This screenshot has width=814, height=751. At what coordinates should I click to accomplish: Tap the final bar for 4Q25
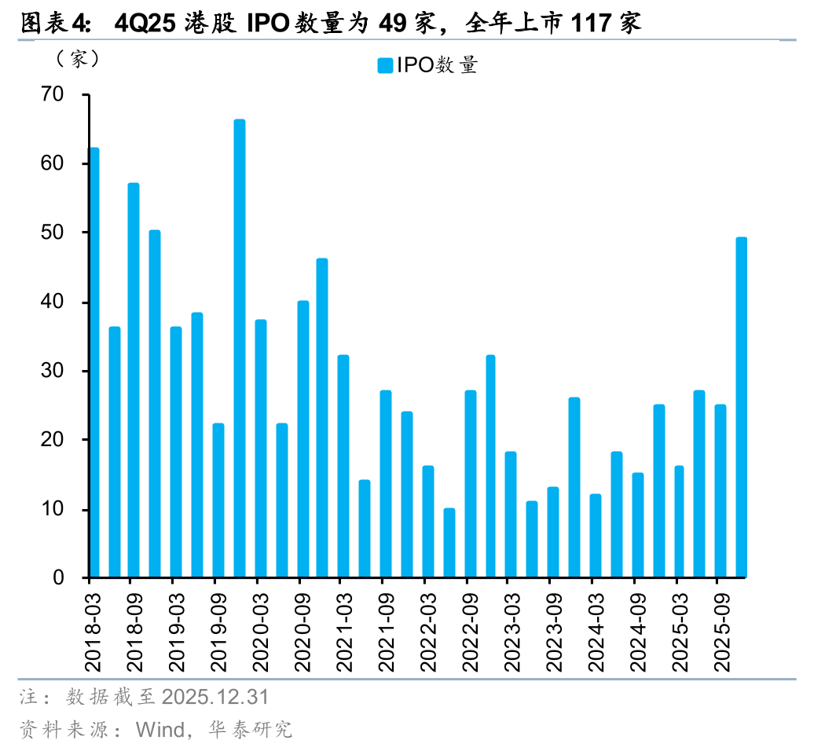(x=741, y=408)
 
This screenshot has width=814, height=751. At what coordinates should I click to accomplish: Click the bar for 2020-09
(x=302, y=439)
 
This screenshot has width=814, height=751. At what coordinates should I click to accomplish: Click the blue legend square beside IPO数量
(x=384, y=66)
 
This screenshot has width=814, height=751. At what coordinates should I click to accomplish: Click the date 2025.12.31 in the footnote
(x=214, y=696)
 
